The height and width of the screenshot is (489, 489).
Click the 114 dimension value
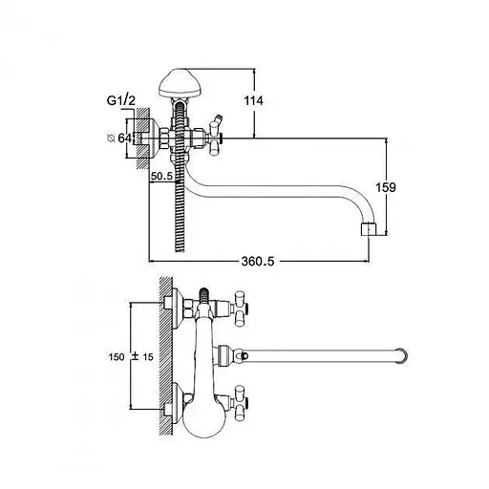point(254,100)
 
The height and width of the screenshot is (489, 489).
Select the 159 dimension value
point(386,187)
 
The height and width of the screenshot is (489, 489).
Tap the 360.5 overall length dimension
point(258,262)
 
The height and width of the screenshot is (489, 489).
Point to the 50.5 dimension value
point(161,176)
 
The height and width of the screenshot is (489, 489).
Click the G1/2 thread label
point(121,100)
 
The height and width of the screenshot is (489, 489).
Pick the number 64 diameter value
point(124,138)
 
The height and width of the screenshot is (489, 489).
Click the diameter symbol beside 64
point(111,138)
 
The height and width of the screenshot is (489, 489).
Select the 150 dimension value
point(117,357)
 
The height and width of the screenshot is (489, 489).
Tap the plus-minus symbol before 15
point(135,356)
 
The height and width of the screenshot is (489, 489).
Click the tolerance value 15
point(148,357)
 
